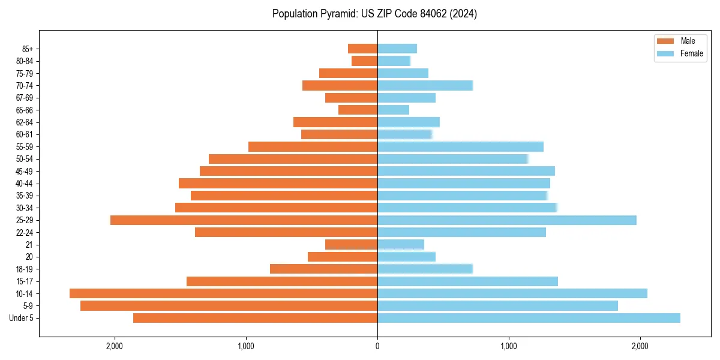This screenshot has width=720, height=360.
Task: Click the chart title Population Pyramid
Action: click(x=374, y=14)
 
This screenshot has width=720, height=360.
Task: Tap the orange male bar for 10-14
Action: click(x=223, y=293)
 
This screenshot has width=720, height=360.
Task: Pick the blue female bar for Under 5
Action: click(x=529, y=318)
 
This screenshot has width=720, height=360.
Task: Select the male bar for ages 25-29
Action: click(x=244, y=220)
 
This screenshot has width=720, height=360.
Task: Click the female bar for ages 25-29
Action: click(x=507, y=220)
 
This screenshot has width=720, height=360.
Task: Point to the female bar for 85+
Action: click(x=397, y=49)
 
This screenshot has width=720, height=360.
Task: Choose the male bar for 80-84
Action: click(x=364, y=61)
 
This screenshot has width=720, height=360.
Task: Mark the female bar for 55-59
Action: click(x=460, y=146)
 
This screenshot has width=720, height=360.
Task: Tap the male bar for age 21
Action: click(x=351, y=245)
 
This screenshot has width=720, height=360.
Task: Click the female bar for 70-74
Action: click(x=425, y=85)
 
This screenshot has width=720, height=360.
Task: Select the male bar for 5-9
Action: click(x=229, y=306)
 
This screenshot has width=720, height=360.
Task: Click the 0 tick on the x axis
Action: click(x=377, y=346)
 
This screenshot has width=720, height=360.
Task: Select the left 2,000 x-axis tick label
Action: click(x=114, y=346)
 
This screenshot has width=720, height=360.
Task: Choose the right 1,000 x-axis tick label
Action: click(x=509, y=346)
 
